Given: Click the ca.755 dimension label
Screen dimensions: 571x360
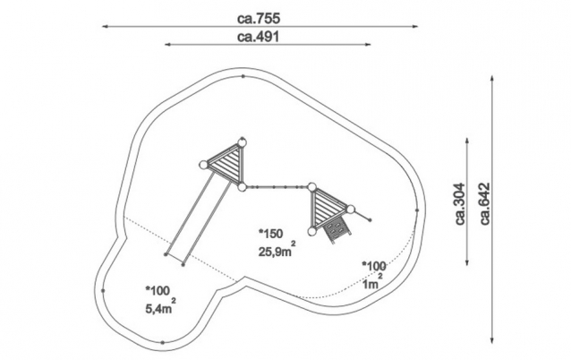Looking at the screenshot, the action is (259, 19).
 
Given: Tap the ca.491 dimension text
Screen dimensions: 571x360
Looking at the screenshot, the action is (258, 37).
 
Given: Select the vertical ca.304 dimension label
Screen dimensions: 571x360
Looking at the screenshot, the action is (460, 203).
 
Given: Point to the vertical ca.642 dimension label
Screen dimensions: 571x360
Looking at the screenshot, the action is (485, 203).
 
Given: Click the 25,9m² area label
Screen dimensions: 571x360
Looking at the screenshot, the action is (277, 250).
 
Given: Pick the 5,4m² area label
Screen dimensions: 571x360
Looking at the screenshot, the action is (160, 307).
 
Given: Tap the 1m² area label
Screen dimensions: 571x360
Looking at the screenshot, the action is (372, 282).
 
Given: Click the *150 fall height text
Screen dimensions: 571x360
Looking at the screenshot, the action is (270, 234).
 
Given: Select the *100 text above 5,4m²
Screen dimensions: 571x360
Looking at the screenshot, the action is (158, 290).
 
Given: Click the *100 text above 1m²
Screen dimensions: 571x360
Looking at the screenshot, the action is (374, 266).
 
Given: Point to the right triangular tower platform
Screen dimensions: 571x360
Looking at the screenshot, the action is (328, 208).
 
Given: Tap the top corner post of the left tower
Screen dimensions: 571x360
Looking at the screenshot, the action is (243, 141).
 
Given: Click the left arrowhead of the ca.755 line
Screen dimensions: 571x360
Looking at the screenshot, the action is (105, 26).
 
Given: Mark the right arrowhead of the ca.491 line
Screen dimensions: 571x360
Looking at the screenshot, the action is (368, 45).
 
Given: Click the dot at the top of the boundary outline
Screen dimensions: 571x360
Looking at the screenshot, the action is (243, 76).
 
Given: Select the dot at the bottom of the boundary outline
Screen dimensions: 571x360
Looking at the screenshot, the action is (162, 342).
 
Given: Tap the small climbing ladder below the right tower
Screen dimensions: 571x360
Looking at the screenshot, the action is (337, 231).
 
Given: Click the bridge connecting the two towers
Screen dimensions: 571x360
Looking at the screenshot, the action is (277, 187).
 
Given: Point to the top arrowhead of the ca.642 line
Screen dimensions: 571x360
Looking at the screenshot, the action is (492, 78).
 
